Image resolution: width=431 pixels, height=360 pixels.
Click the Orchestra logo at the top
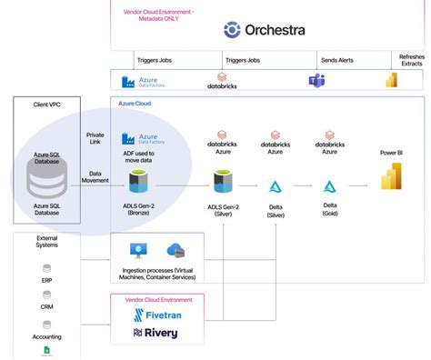pyautogui.click(x=265, y=30)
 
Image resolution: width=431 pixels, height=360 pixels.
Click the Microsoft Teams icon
pyautogui.click(x=316, y=81)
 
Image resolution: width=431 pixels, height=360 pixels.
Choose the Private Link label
pyautogui.click(x=95, y=138)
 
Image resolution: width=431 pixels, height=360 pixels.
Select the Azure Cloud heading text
pyautogui.click(x=135, y=105)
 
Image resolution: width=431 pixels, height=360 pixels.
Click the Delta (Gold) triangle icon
pyautogui.click(x=329, y=187)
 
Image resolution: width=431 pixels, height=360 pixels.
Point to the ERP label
pyautogui.click(x=46, y=281)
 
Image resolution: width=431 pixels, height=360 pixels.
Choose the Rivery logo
pyautogui.click(x=155, y=334)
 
